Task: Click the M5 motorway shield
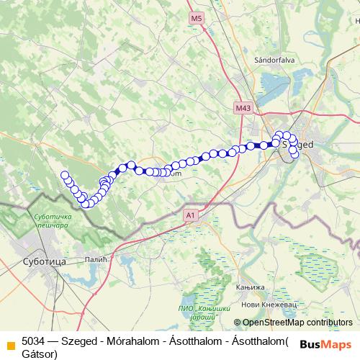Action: [197, 17]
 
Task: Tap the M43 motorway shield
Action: [243, 108]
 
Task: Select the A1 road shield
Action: [190, 215]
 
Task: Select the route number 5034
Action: [33, 341]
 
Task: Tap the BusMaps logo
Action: [325, 344]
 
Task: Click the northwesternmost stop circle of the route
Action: [64, 174]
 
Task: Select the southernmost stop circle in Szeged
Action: [294, 155]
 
